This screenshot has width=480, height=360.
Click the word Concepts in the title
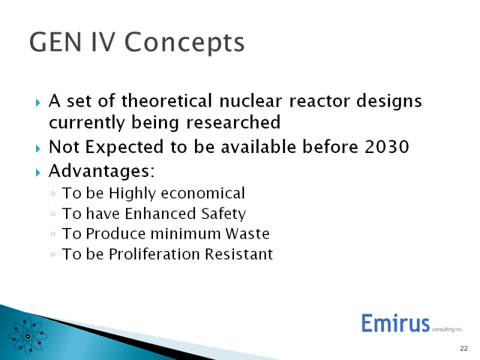184,43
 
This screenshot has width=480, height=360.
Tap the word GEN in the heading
55,42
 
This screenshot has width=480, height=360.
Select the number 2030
386,146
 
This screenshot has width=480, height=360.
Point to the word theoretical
167,101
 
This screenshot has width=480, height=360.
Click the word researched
233,122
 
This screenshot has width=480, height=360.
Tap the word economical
203,193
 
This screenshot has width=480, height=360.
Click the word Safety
223,214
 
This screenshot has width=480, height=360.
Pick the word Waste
247,234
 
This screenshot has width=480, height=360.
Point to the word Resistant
239,254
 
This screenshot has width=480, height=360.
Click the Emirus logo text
395,323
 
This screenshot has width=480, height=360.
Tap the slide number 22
464,348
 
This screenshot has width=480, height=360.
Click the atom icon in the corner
28,336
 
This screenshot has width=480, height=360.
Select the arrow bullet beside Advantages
38,173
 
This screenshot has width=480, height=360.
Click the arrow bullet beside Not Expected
38,149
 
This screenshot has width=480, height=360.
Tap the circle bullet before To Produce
53,234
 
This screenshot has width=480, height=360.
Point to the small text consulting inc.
447,329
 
